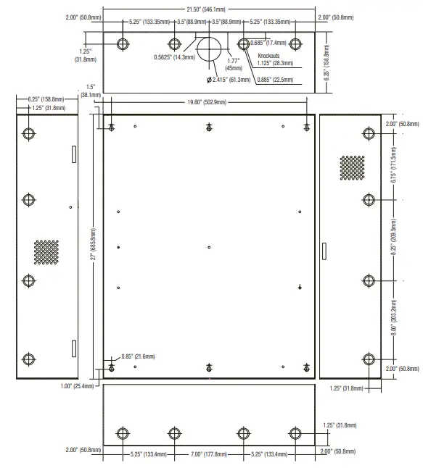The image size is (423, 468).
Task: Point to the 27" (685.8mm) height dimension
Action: [93, 246]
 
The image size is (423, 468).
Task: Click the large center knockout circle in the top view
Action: [210, 47]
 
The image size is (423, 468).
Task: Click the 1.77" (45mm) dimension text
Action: [233, 65]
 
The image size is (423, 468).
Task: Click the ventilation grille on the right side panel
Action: [352, 167]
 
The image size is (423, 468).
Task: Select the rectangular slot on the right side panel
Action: [324, 251]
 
